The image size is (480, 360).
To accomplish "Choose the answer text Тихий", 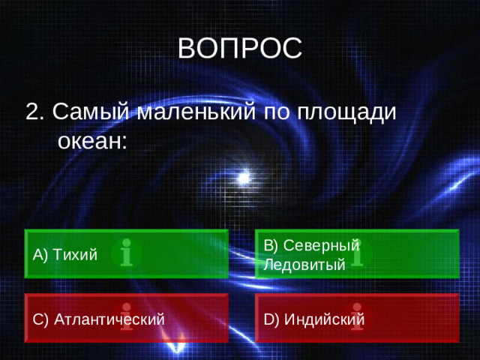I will click(x=75, y=255).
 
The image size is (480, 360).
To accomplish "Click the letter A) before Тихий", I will click(x=41, y=255).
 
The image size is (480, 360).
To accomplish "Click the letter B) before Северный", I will click(x=271, y=245).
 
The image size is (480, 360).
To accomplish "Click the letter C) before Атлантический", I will click(x=41, y=319).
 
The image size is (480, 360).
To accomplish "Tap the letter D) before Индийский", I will click(x=271, y=319).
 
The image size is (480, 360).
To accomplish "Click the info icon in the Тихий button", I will click(x=127, y=254).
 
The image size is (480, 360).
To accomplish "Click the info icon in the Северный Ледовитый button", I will click(x=358, y=254).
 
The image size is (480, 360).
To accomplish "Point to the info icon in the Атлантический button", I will click(x=127, y=318).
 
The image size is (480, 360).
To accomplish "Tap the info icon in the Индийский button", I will click(x=358, y=318).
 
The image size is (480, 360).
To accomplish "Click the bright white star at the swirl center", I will click(x=243, y=178).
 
